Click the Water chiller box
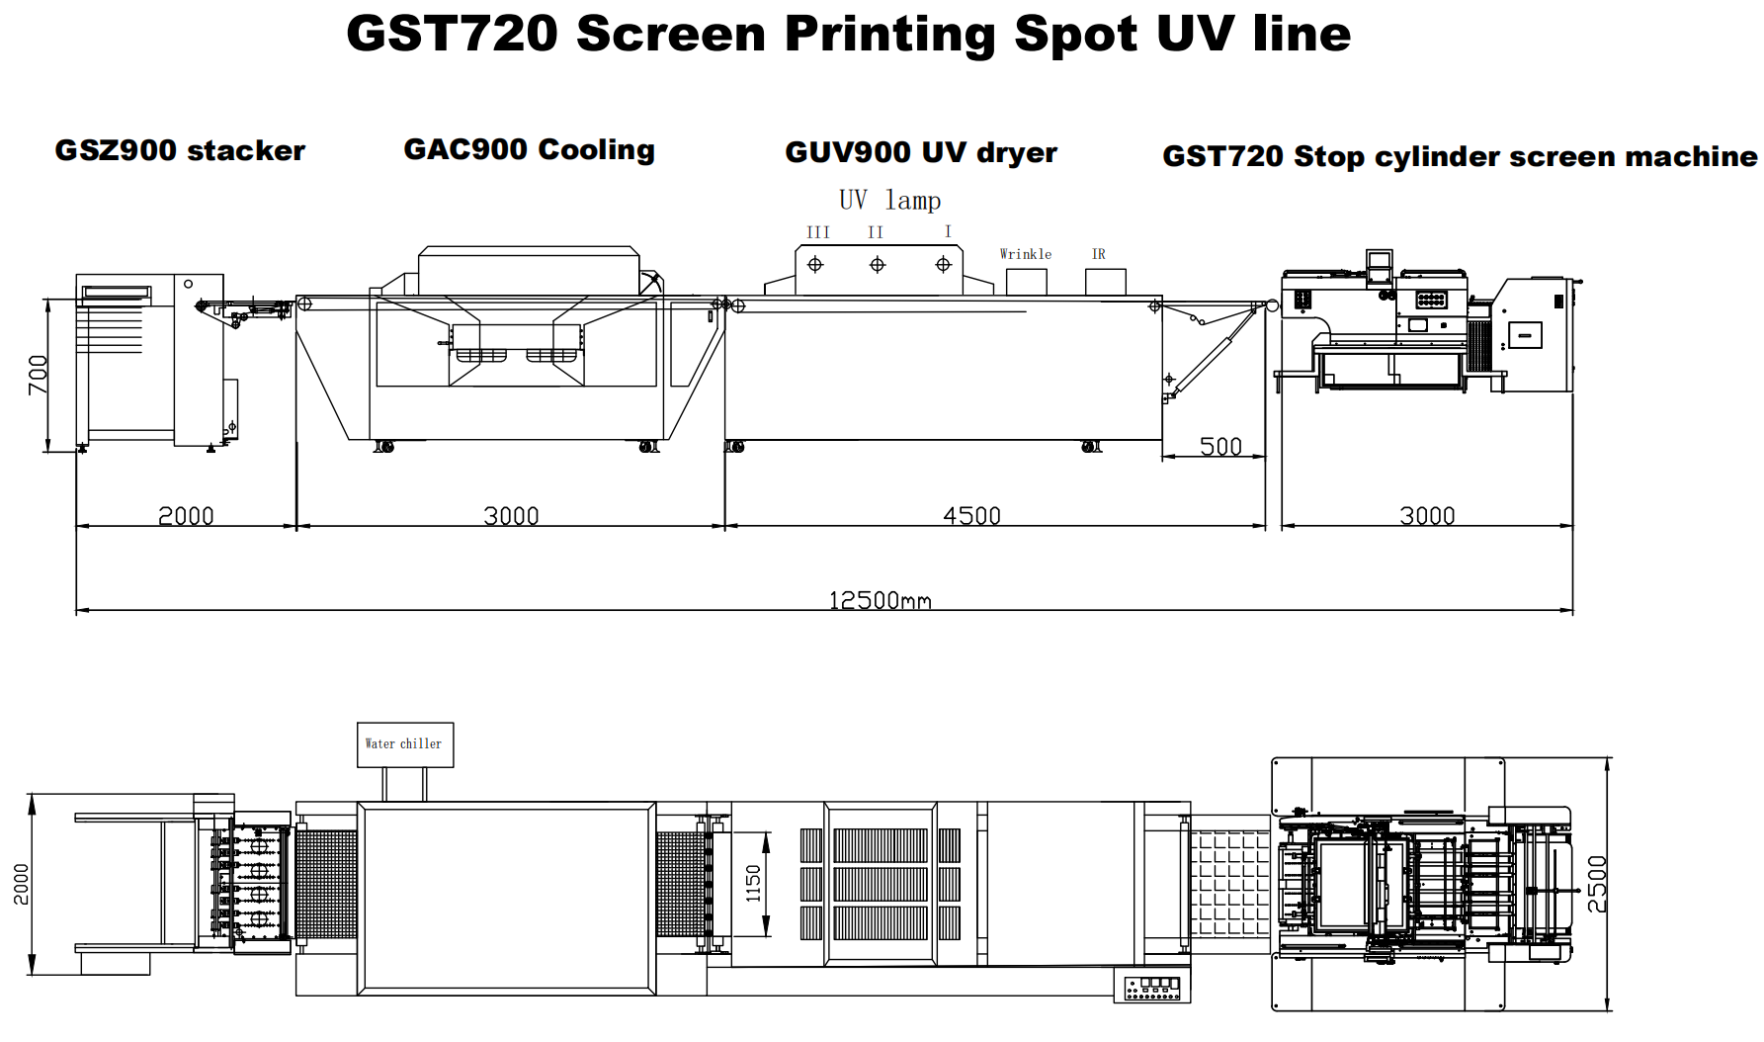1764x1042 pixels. click(x=405, y=744)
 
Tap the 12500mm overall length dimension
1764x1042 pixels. click(x=880, y=600)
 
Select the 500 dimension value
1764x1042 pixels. click(x=1220, y=447)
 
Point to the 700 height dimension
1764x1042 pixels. click(x=38, y=375)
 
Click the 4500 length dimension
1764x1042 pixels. click(x=971, y=516)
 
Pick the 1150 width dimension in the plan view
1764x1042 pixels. click(x=753, y=884)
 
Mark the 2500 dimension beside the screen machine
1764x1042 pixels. click(x=1597, y=884)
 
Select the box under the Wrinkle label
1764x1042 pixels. click(x=1027, y=282)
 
